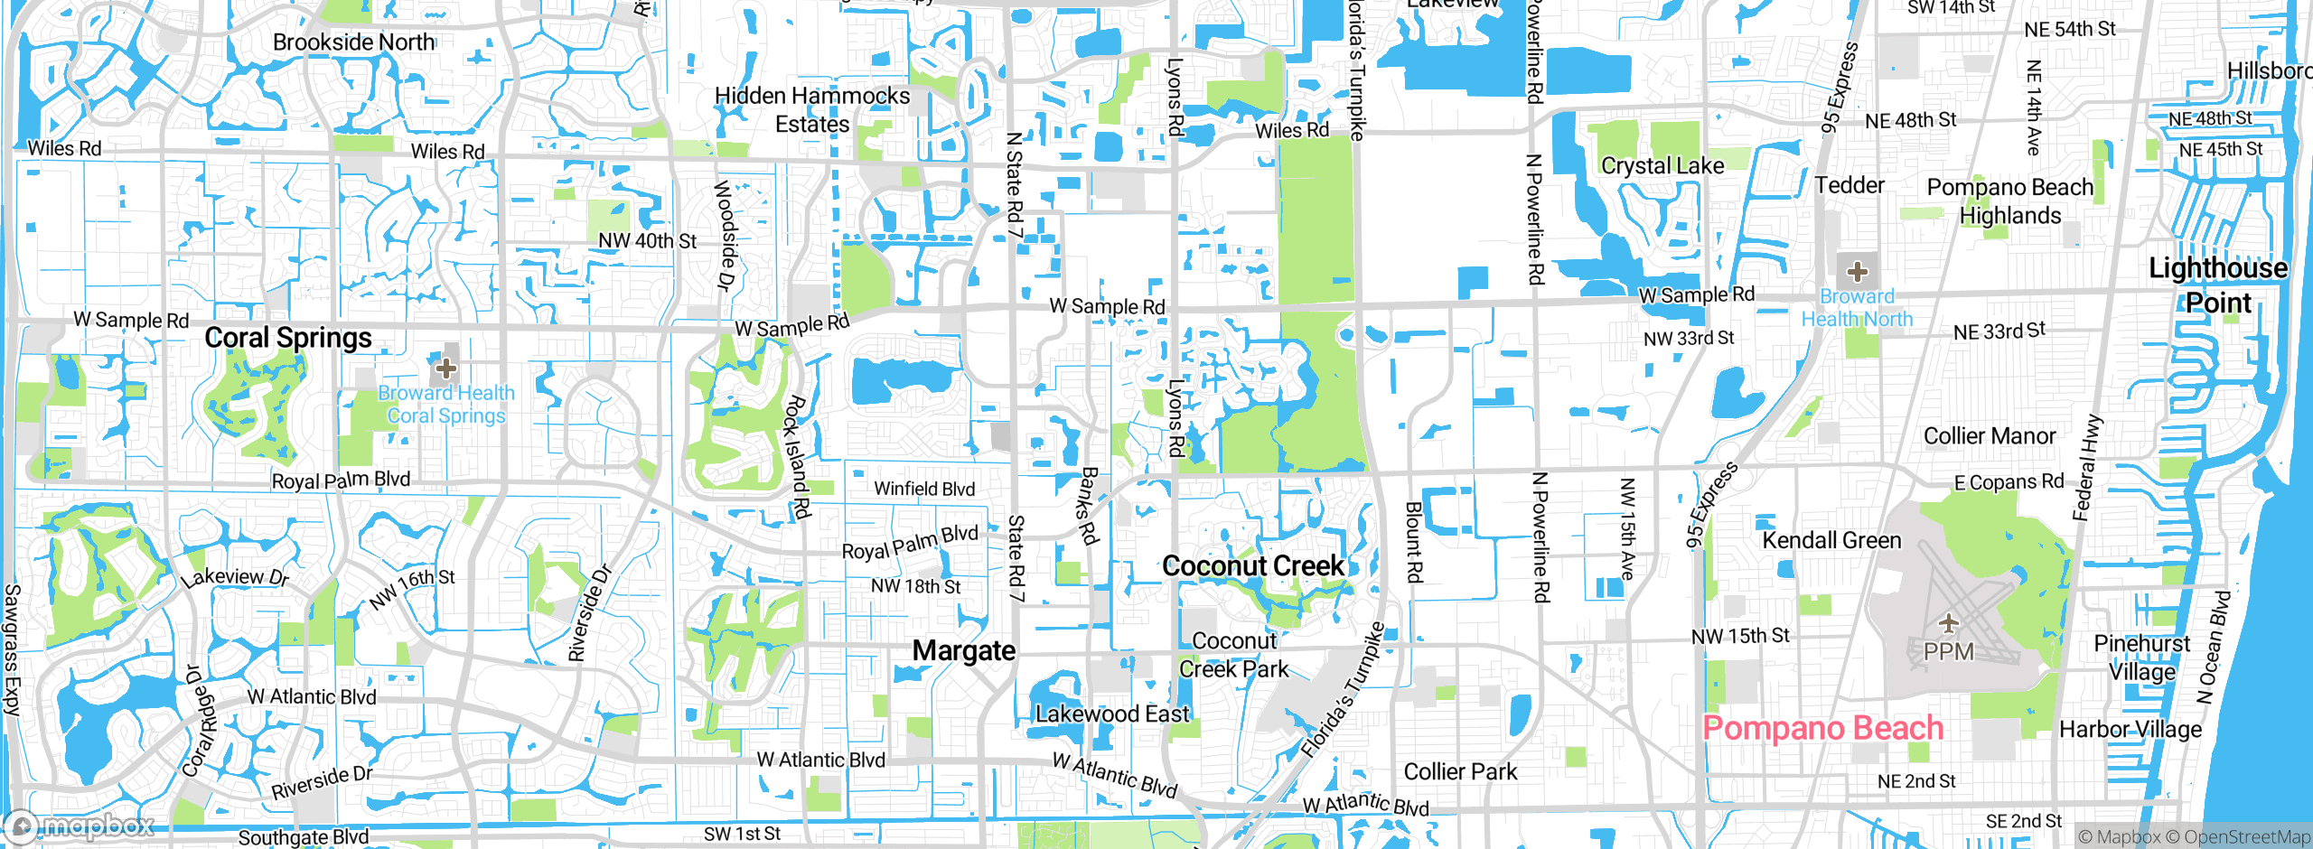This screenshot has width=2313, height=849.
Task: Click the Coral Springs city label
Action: tap(288, 338)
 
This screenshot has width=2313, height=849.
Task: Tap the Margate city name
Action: tap(964, 650)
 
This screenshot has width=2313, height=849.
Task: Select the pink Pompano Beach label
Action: tap(1822, 728)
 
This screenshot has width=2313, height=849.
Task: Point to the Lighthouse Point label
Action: tap(2218, 285)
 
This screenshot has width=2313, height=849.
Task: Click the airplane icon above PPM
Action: tap(1949, 622)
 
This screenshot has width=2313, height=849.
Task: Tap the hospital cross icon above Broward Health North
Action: tap(1857, 271)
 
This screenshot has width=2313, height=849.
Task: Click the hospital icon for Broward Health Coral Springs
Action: tap(445, 368)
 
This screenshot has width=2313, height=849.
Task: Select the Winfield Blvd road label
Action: tap(924, 489)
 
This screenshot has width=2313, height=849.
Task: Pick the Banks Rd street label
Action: tap(1091, 506)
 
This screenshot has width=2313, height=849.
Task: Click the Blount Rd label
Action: tap(1414, 542)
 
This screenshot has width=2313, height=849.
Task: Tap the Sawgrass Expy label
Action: tap(12, 649)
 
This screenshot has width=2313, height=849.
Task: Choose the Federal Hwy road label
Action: tap(2088, 468)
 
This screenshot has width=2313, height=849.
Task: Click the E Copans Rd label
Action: tap(2009, 482)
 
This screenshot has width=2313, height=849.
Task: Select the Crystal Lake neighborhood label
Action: tap(1662, 165)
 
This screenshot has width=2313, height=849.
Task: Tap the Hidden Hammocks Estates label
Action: tap(812, 109)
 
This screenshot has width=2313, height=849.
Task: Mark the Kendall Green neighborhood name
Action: tap(1831, 540)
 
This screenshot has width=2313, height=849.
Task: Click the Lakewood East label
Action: tap(1112, 714)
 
